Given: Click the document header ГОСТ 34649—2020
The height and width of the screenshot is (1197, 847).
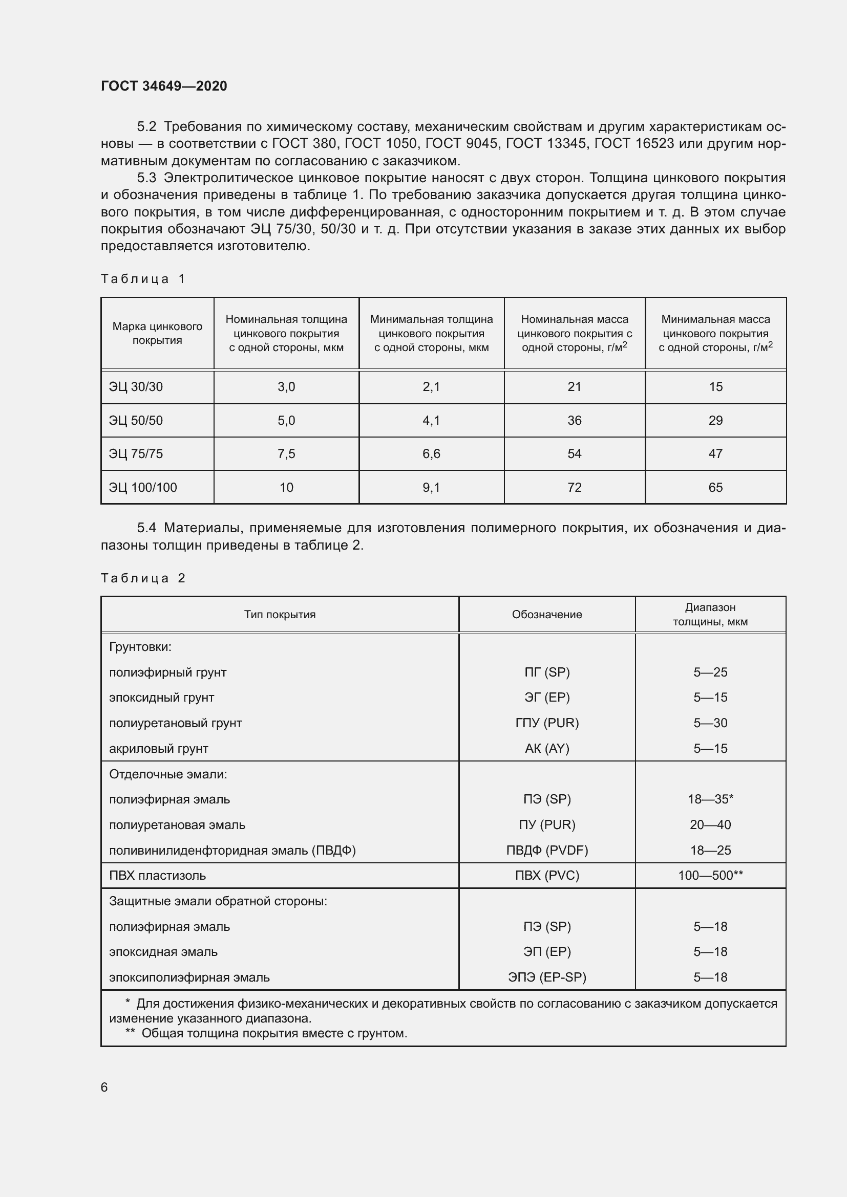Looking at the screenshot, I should tap(164, 86).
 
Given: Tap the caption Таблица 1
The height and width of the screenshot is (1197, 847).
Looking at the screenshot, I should tap(143, 279).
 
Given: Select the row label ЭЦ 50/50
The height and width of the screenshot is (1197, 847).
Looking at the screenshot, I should tap(136, 420).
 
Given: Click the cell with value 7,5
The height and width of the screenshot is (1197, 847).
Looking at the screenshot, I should tap(286, 453).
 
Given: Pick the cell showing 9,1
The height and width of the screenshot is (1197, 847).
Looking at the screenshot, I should tap(431, 488).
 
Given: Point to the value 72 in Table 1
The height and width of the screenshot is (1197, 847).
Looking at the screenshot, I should tap(574, 488).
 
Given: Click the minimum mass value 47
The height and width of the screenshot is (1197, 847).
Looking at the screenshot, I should tap(715, 453).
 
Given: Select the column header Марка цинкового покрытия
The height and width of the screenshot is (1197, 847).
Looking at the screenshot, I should tap(157, 333).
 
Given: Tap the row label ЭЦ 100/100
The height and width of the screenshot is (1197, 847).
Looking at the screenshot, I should tap(143, 488).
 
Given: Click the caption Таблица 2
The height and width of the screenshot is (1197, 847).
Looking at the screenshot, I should tap(143, 578).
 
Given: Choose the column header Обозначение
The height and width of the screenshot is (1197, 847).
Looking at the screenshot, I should tap(546, 615).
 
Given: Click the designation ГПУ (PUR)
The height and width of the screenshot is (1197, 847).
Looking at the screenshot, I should tap(547, 723).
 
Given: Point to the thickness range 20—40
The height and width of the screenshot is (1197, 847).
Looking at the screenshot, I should tap(710, 825).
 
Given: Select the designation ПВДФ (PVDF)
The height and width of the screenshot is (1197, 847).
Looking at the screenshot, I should tap(547, 851).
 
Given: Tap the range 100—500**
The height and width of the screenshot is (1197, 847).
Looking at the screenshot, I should tap(710, 875).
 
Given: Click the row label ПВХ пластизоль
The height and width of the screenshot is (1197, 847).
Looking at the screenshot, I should tap(158, 875).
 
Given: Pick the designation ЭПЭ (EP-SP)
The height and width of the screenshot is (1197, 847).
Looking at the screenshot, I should tap(547, 977).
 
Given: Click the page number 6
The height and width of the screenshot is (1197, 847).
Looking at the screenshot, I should tap(104, 1087).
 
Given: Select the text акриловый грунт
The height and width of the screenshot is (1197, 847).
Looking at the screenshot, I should tap(159, 749).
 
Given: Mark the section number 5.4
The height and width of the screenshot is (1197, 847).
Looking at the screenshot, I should tap(146, 528).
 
